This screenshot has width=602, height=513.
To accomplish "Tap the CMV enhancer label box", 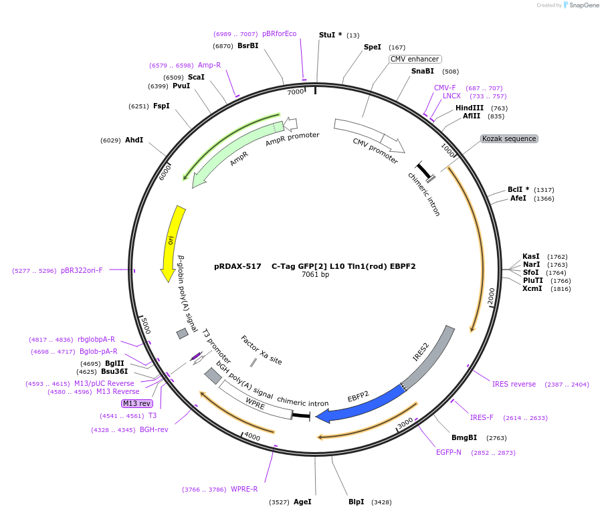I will [415, 60].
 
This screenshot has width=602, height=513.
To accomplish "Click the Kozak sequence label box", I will [509, 139].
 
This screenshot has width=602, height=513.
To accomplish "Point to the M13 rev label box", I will [137, 403].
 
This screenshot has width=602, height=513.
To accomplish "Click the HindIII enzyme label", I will [470, 108].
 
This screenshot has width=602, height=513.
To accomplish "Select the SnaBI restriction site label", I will [423, 72].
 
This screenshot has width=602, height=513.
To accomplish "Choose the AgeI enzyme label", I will [302, 502].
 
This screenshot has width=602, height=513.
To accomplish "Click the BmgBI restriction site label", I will [464, 438].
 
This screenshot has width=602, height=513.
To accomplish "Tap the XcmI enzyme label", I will [532, 289].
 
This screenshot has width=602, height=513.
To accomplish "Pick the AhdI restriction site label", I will [134, 140].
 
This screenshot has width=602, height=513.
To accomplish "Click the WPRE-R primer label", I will [244, 490].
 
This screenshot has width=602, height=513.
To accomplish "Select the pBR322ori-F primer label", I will [82, 271].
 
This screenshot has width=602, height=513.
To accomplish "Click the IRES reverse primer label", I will [514, 385].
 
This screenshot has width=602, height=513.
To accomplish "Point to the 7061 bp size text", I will [315, 275].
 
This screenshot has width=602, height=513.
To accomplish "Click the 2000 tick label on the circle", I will [492, 296].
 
